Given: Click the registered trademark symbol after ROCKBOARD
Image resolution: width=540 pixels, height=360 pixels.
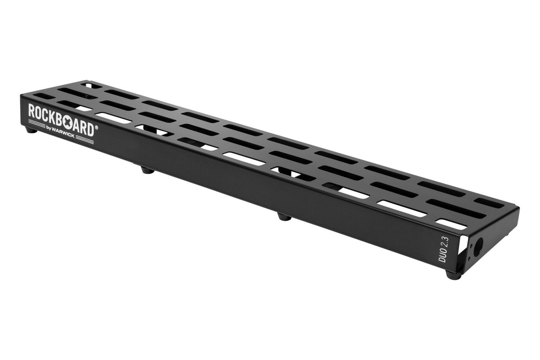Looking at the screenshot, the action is pos(96,127).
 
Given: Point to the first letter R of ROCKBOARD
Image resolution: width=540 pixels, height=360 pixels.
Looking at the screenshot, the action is pos(31,110).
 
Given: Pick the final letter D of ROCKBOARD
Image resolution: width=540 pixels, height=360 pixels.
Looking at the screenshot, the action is pos(90,130).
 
